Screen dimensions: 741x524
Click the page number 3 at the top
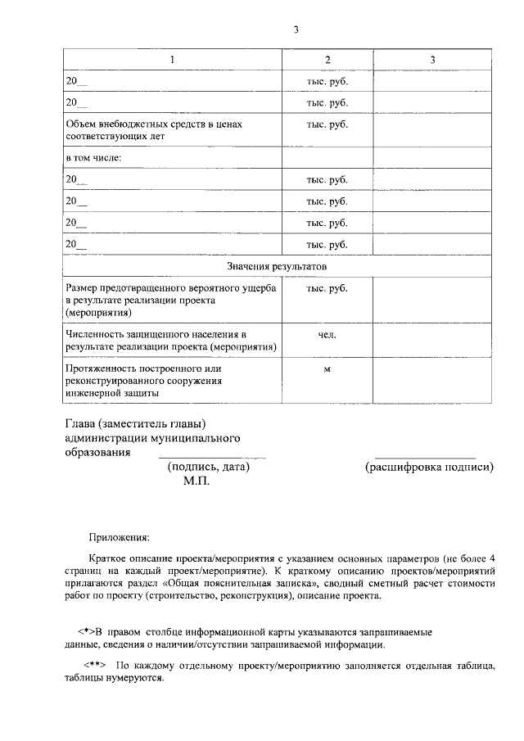click(296, 30)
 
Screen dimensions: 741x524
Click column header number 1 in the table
click(172, 60)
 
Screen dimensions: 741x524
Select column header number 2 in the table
click(327, 60)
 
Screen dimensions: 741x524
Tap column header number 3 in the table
click(432, 60)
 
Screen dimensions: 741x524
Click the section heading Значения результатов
click(277, 267)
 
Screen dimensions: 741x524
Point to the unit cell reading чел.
click(327, 335)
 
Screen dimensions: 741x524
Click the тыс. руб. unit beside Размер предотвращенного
click(327, 288)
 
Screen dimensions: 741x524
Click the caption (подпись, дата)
click(208, 468)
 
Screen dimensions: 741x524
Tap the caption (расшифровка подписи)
click(429, 468)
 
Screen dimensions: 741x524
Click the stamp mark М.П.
click(196, 482)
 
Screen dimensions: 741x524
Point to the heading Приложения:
click(119, 538)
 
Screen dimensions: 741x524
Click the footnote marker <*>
click(83, 632)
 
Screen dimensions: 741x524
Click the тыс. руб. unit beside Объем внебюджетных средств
click(327, 124)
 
